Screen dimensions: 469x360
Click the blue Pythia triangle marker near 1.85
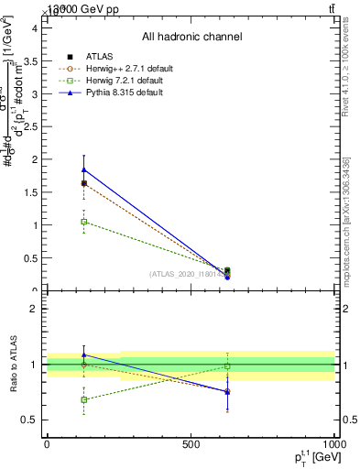84,169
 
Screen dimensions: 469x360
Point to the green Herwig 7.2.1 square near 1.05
84,222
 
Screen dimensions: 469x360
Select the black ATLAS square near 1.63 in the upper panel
84,183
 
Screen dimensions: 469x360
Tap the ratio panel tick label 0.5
30,420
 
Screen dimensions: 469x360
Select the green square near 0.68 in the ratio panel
84,399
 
